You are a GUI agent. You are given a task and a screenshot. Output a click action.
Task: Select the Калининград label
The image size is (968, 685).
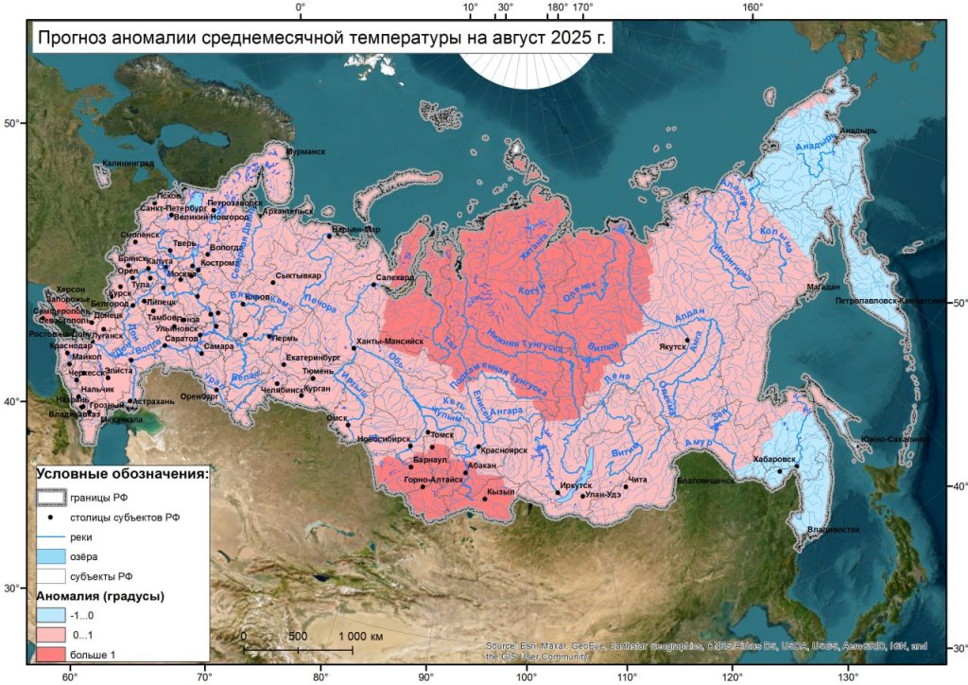tap(127, 165)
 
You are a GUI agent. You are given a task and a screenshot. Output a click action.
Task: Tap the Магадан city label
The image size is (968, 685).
tap(822, 286)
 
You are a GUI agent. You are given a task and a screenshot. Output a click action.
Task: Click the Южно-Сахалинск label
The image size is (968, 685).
tap(894, 439)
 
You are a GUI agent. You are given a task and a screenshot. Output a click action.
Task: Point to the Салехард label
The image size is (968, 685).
tap(394, 278)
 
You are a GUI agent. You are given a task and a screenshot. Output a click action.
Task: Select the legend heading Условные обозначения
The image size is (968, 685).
tap(122, 473)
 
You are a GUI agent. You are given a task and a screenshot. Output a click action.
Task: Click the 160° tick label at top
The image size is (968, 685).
tap(752, 8)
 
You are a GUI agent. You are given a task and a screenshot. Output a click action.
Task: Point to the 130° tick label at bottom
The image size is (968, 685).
tap(848, 677)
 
